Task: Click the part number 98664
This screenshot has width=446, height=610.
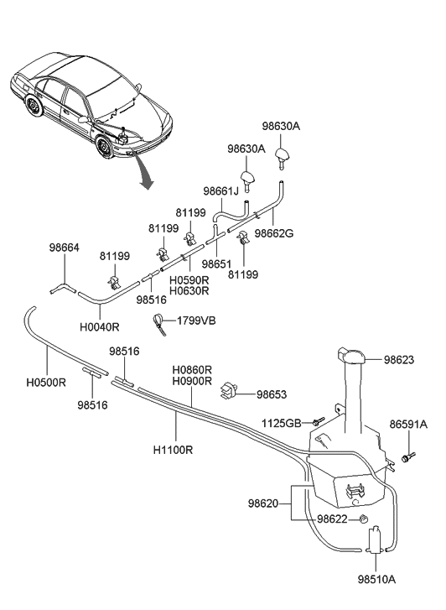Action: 65,248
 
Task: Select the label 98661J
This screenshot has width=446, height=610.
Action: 221,191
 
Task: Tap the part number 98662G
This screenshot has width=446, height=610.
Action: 276,234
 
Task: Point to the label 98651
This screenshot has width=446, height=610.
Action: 217,263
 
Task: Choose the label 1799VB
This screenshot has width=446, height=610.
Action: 197,321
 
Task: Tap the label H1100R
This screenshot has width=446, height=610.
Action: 174,449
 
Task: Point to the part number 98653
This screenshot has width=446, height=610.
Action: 272,394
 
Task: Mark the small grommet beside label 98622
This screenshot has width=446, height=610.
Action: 364,519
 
